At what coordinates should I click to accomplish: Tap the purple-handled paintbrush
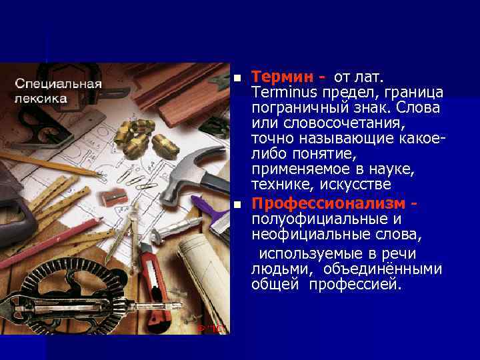coord(212,213)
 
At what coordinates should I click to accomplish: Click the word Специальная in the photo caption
coord(59,84)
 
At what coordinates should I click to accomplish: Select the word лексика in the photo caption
coord(41,97)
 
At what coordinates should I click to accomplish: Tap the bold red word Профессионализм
coord(328,203)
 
